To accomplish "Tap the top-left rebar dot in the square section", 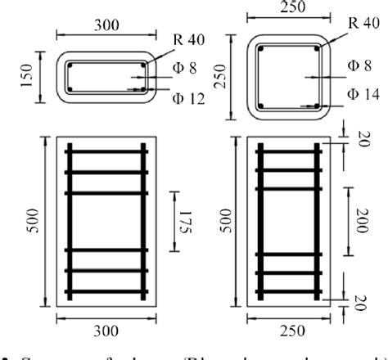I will pyautogui.click(x=259, y=49).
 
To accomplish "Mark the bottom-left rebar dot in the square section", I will pyautogui.click(x=259, y=106).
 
